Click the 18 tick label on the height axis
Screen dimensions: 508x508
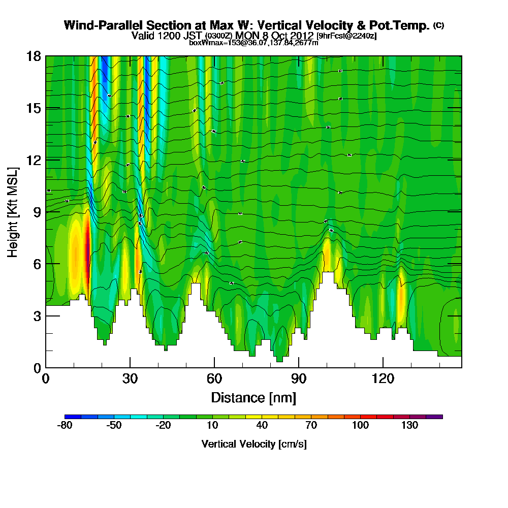pyautogui.click(x=33, y=56)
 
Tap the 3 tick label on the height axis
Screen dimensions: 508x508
pyautogui.click(x=36, y=315)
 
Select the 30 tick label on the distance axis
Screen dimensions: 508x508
pyautogui.click(x=130, y=378)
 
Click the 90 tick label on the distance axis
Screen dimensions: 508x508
pyautogui.click(x=299, y=378)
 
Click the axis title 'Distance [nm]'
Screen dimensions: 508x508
pyautogui.click(x=253, y=397)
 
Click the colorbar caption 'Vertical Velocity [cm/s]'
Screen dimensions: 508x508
pyautogui.click(x=254, y=444)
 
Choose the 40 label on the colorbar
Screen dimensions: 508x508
pyautogui.click(x=262, y=426)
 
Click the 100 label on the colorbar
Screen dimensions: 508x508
pyautogui.click(x=361, y=426)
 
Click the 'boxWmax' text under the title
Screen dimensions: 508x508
pyautogui.click(x=202, y=43)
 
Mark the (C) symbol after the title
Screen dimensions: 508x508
pyautogui.click(x=438, y=25)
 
